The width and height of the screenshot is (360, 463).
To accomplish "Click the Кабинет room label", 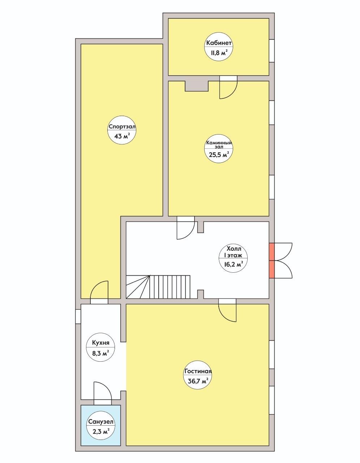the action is pos(219,43).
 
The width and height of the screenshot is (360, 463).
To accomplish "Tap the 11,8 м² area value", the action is pos(219,52).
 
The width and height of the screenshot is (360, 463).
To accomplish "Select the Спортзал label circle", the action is pos(122,130).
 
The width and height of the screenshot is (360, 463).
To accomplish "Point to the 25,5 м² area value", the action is pos(219,154).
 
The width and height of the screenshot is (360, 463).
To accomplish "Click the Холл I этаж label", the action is pos(233,252).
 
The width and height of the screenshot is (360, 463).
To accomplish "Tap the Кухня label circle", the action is pos(100,347).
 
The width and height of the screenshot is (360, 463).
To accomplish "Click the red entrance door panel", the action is pos(272,260).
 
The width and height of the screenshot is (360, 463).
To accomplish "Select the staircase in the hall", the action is pos(158,287).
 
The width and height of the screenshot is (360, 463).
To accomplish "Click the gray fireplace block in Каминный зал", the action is pos(196,86).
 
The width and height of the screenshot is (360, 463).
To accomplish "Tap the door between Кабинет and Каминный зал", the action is pos(228,88).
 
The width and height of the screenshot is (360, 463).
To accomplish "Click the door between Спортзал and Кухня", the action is pos(99,292).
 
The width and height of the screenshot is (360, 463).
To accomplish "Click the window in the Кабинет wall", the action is pos(272,51).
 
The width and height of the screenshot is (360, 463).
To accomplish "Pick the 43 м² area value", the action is pos(122,136).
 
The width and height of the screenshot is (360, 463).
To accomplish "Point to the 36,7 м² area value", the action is pos(198,381).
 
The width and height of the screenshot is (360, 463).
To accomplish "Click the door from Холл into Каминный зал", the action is pos(186,228).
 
